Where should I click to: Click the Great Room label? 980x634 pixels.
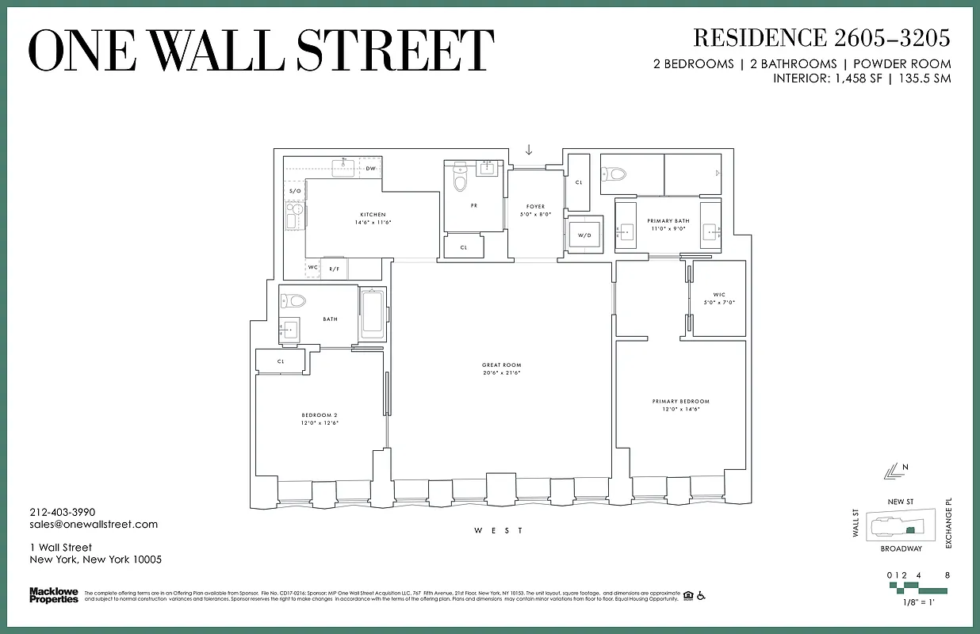(x=501, y=365)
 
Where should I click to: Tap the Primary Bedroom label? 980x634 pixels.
(x=680, y=402)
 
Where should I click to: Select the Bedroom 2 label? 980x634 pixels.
(x=320, y=415)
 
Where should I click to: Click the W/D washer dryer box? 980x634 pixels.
(x=585, y=235)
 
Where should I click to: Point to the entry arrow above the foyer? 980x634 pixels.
(x=529, y=151)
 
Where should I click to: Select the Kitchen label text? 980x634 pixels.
(x=373, y=215)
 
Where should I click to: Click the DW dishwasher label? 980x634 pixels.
(x=370, y=169)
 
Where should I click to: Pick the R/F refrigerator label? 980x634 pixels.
(x=335, y=269)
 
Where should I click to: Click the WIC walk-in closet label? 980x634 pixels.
(x=718, y=295)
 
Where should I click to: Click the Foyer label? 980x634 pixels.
(x=535, y=207)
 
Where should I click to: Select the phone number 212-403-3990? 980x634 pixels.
(x=62, y=513)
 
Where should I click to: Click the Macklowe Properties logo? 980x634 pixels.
(x=54, y=594)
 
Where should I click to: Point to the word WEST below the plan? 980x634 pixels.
(x=499, y=530)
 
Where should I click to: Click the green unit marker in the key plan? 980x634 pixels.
(x=911, y=529)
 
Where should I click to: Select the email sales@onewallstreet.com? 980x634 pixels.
(x=94, y=525)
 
